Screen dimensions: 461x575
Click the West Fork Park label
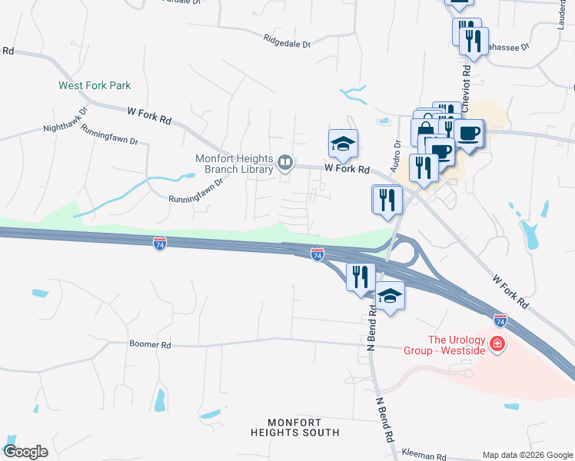pyautogui.click(x=95, y=85)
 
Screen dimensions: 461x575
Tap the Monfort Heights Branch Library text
pyautogui.click(x=234, y=164)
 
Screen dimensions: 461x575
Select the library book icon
pyautogui.click(x=285, y=161)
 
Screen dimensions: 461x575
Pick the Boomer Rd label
pyautogui.click(x=150, y=345)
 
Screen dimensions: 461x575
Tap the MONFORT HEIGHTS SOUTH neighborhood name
pyautogui.click(x=303, y=427)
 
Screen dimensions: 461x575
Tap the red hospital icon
pyautogui.click(x=498, y=343)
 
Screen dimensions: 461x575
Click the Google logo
pyautogui.click(x=25, y=452)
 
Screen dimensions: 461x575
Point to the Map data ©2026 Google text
pyautogui.click(x=527, y=455)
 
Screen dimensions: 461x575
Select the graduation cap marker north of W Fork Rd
pyautogui.click(x=343, y=143)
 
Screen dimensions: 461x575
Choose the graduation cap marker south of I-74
pyautogui.click(x=390, y=296)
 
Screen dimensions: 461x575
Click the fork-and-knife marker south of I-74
pyautogui.click(x=360, y=276)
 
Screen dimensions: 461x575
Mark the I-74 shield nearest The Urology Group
pyautogui.click(x=500, y=317)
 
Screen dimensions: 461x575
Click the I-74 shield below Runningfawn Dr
pyautogui.click(x=160, y=244)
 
